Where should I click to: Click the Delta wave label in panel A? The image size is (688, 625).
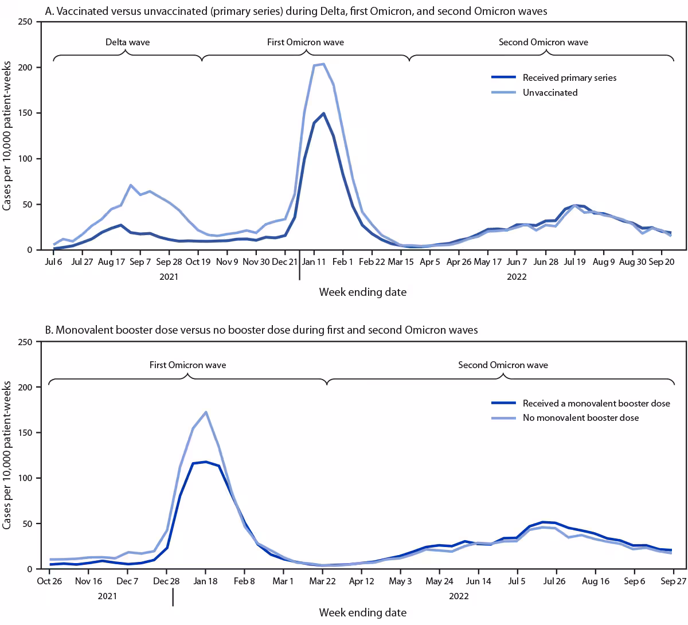127,42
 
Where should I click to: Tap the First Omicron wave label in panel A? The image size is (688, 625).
306,42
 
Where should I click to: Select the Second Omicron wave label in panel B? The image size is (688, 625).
503,365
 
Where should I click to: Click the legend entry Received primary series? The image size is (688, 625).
569,78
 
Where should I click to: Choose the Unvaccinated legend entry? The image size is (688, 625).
550,92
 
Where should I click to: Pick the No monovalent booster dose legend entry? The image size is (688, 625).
580,418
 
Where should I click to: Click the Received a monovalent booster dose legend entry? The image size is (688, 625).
596,404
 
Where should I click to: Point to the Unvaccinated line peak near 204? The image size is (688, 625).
323,64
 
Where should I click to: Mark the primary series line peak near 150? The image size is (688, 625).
323,114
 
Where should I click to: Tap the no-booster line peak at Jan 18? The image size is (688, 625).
206,412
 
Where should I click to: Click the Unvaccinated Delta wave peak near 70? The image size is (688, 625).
131,185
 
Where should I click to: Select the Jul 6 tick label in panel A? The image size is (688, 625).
53,262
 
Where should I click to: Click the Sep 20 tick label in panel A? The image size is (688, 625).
661,262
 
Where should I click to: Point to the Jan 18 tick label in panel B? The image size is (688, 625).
205,581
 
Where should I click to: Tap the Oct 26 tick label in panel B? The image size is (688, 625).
50,581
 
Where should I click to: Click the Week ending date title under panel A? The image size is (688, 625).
362,292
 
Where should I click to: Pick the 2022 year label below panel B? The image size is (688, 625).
459,596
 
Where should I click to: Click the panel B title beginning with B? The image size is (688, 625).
261,330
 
